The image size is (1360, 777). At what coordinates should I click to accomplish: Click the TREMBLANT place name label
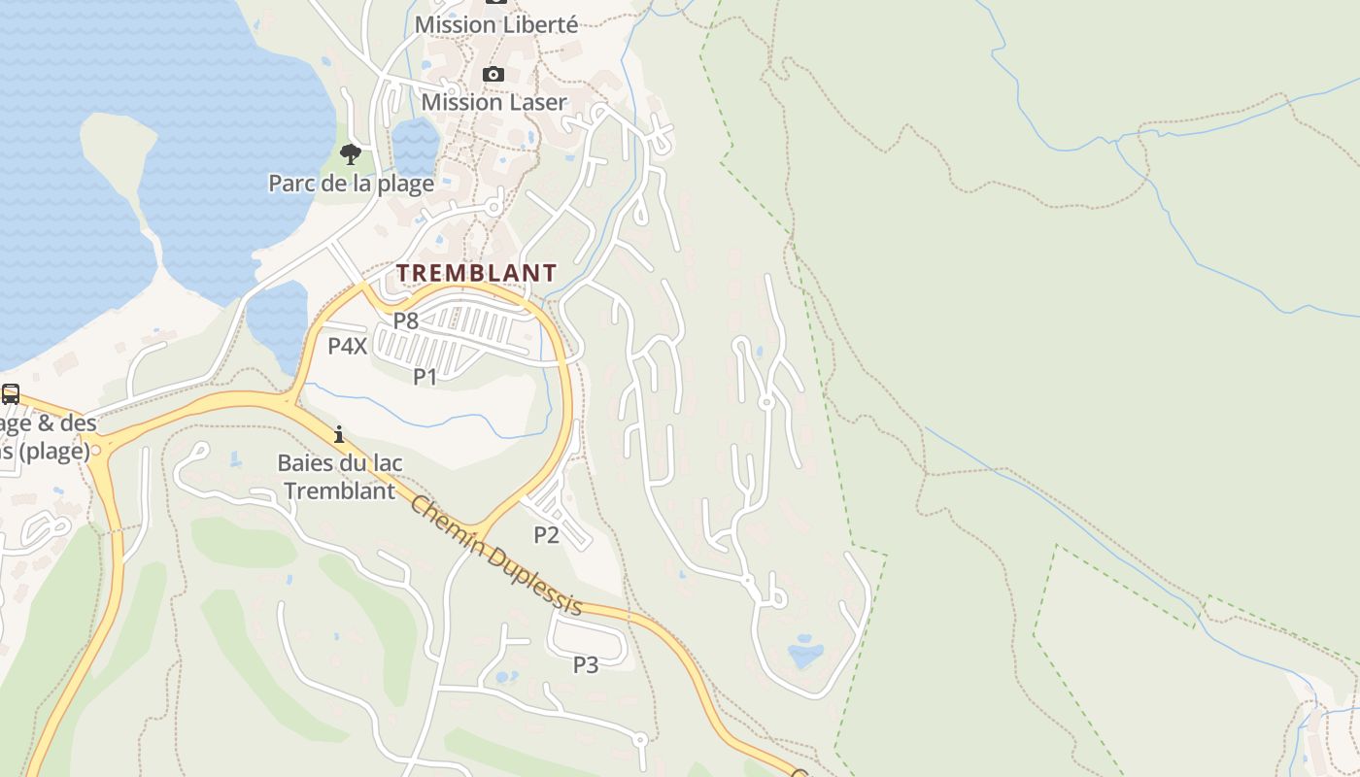[476, 273]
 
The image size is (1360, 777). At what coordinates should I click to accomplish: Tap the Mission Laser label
[493, 102]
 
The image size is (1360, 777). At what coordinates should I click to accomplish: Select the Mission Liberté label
[495, 25]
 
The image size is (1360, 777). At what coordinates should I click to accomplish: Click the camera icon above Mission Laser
[493, 75]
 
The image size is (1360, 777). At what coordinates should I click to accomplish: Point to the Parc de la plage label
[351, 183]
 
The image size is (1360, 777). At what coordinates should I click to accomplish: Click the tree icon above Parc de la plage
[351, 153]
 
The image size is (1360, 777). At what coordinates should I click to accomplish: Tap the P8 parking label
[405, 321]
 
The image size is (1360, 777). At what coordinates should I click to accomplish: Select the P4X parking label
[347, 346]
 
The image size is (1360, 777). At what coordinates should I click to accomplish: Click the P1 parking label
[425, 377]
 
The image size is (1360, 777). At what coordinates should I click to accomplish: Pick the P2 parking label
[546, 534]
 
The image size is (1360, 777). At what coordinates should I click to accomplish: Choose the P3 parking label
[585, 665]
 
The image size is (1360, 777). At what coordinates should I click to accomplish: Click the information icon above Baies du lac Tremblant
[339, 434]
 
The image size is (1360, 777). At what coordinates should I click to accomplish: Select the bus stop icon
[11, 394]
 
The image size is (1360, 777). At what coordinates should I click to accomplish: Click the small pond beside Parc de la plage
[415, 146]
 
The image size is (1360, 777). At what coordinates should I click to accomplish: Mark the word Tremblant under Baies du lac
[339, 490]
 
